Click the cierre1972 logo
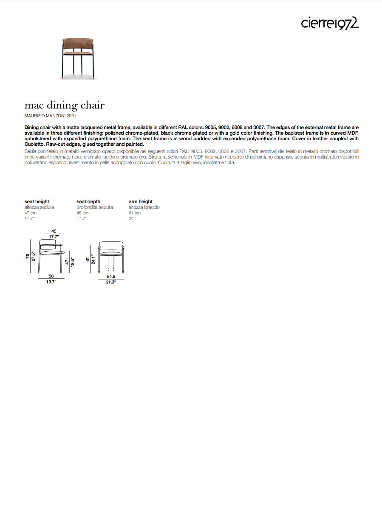coord(330,23)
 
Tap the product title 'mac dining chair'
coord(65,105)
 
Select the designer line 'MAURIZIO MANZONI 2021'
coord(51,116)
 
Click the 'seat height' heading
coord(37,201)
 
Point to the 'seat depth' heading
coord(88,201)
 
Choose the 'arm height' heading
coord(141,201)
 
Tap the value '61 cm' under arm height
coord(135,213)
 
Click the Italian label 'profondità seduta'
coord(95,207)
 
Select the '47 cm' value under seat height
coord(31,213)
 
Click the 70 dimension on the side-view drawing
coord(28,257)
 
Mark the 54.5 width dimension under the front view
coord(111,276)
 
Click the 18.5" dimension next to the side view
coord(72,262)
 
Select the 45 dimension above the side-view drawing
coord(54,231)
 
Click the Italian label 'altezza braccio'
coord(144,207)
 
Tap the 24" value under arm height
coord(132,218)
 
